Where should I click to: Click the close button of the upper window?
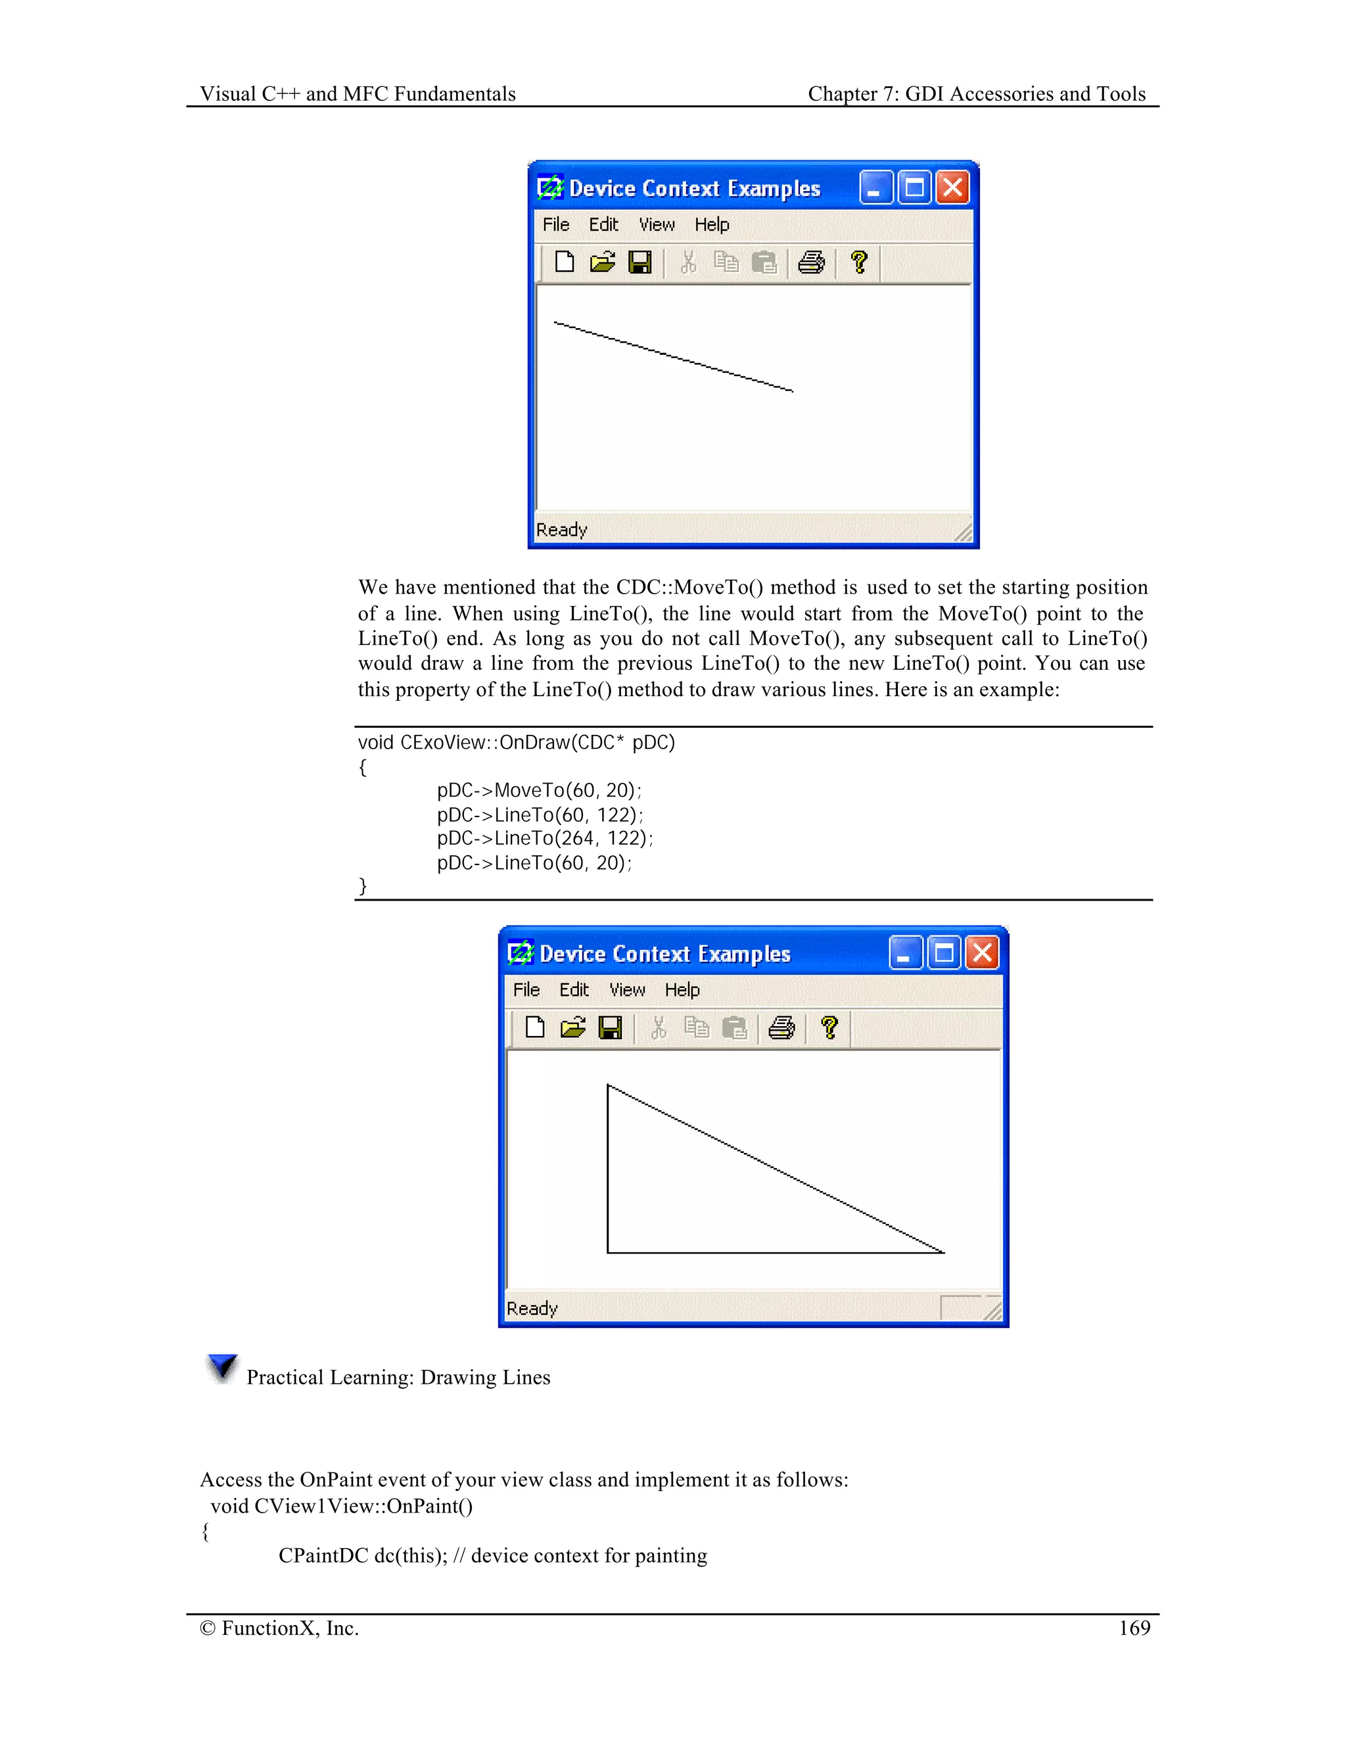tap(952, 188)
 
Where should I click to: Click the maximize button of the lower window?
tap(943, 953)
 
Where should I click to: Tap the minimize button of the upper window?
tap(876, 188)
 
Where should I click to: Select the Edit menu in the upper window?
tap(603, 225)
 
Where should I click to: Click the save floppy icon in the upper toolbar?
tap(639, 262)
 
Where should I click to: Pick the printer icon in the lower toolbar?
tap(781, 1028)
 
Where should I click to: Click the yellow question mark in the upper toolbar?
tap(859, 262)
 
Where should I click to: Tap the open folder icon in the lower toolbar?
tap(572, 1028)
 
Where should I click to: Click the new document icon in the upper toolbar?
tap(565, 262)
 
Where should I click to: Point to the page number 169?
tap(1134, 1628)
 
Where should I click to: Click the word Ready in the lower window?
tap(532, 1308)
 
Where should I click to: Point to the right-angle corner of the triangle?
tap(608, 1252)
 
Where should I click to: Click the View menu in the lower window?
tap(627, 990)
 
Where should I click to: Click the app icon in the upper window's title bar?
tap(550, 188)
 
